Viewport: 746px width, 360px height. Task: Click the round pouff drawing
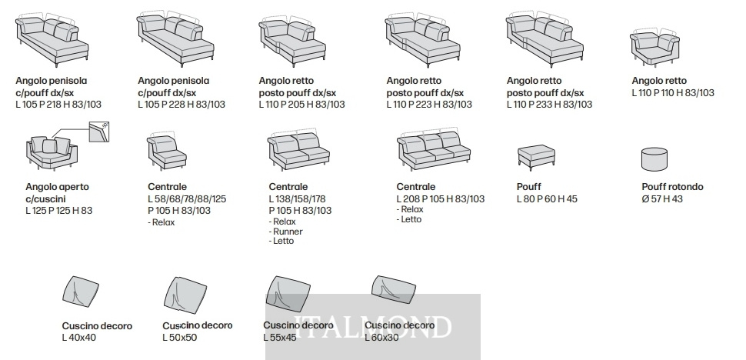pos(654,158)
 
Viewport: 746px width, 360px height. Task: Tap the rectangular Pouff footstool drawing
pos(536,156)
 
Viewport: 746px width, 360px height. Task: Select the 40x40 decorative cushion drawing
pos(81,290)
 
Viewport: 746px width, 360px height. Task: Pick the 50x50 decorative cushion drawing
pos(185,295)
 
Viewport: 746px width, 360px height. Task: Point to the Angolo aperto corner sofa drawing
pos(51,153)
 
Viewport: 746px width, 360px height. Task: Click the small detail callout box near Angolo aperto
pos(99,132)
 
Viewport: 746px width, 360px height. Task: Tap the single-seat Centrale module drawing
pos(166,152)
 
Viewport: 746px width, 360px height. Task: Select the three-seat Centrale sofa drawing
pos(434,148)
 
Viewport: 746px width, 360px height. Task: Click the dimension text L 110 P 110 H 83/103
pos(673,93)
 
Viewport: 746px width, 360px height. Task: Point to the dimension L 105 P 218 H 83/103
pos(58,104)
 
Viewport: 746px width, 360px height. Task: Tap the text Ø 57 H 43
pos(662,198)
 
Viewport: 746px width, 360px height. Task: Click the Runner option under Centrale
pos(285,232)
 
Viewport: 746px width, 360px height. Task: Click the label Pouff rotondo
pos(672,186)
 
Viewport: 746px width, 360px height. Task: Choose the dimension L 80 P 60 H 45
pos(547,198)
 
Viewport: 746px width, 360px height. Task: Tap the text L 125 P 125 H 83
pos(59,210)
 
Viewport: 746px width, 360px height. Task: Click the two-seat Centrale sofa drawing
pos(298,149)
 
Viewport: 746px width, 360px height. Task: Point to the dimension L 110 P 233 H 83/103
pos(549,104)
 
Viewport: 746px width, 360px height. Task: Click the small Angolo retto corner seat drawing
pos(654,48)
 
